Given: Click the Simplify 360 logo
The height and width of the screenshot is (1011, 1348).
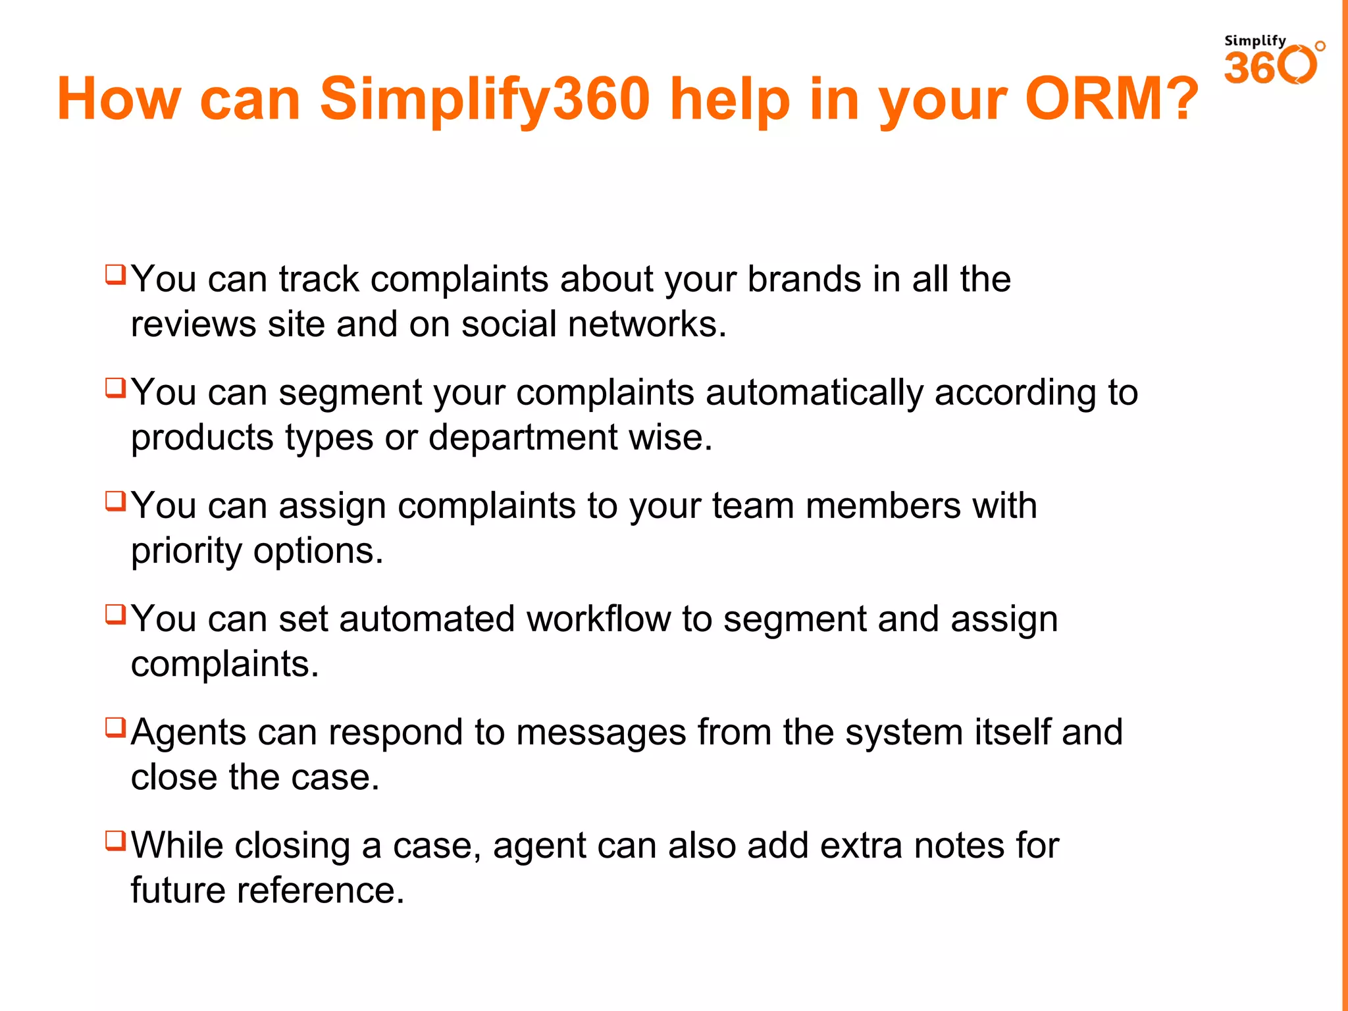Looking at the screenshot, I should point(1273,61).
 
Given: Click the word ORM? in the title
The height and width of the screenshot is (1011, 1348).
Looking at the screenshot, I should point(1112,99).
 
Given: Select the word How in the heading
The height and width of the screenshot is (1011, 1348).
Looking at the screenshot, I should point(118,99).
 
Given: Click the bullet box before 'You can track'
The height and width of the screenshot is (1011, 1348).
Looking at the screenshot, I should point(115,274).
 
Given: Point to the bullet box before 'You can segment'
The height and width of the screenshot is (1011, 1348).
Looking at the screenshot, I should point(115,388).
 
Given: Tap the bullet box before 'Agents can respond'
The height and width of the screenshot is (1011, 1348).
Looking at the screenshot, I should point(115,727).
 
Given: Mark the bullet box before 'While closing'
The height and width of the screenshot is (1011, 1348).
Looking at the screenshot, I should point(115,841).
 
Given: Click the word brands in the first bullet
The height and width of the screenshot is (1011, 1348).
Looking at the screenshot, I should point(804,279).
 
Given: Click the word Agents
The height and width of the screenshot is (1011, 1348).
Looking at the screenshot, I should point(188,733).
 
